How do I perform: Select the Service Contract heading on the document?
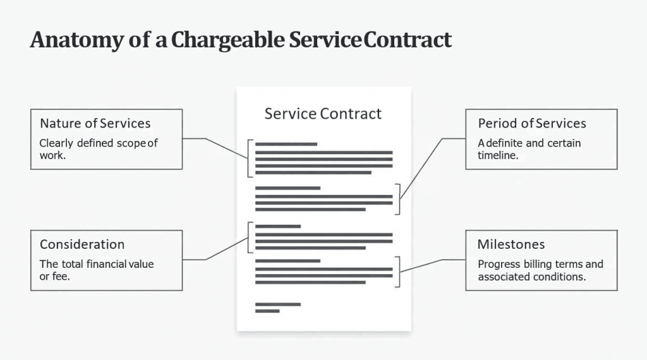(x=323, y=114)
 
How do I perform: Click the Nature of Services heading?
(x=95, y=123)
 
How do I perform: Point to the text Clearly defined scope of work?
(x=98, y=148)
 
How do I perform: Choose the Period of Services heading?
(x=532, y=123)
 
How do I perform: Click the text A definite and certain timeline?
(x=529, y=148)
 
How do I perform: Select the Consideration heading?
(x=82, y=244)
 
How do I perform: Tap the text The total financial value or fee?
(x=97, y=270)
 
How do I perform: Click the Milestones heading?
(x=511, y=244)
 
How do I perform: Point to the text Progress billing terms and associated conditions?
(x=540, y=270)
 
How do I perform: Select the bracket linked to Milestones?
(x=397, y=271)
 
